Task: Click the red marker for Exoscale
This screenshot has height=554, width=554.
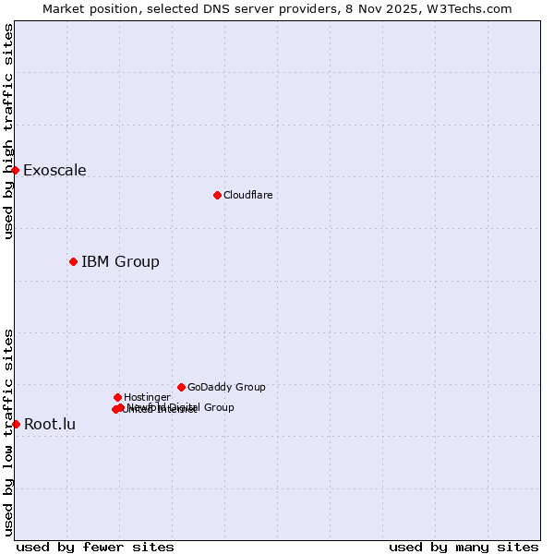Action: [x=16, y=170]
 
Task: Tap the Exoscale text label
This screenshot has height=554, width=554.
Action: [x=54, y=170]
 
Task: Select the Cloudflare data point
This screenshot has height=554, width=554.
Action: [x=217, y=195]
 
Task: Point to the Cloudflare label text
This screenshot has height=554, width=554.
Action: [x=247, y=195]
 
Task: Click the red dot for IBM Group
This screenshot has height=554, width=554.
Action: [x=73, y=261]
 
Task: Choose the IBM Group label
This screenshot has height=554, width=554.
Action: [x=120, y=261]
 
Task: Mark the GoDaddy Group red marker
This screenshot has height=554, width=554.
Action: [x=181, y=387]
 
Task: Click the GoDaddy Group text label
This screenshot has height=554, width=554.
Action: [x=226, y=387]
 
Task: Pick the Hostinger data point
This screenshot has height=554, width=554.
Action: [x=117, y=397]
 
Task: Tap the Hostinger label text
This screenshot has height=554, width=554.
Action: [x=147, y=397]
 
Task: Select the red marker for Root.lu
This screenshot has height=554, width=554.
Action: [x=16, y=424]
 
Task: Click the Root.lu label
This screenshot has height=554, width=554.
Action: [x=50, y=425]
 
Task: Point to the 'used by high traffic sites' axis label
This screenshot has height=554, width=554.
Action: [x=8, y=131]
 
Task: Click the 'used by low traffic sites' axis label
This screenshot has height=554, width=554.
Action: [x=8, y=431]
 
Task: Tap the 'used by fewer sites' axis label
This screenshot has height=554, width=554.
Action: [x=95, y=547]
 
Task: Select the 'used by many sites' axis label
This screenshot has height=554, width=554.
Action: [x=464, y=547]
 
